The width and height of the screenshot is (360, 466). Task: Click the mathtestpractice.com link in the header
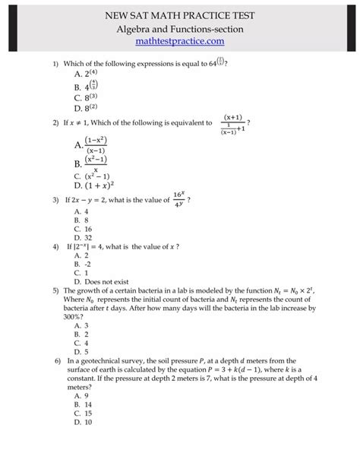coord(180,40)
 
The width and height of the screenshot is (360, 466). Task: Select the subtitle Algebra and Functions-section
coord(180,27)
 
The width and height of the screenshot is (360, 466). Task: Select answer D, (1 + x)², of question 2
coord(93,185)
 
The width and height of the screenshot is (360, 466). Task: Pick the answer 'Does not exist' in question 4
coord(99,281)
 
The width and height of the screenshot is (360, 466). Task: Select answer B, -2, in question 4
coord(82,264)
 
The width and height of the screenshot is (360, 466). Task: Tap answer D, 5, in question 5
coord(81,352)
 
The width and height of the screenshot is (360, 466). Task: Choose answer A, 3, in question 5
coord(81,325)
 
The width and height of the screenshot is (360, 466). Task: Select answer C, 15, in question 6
coord(83,413)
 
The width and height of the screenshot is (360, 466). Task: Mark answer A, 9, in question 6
coord(81,395)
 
